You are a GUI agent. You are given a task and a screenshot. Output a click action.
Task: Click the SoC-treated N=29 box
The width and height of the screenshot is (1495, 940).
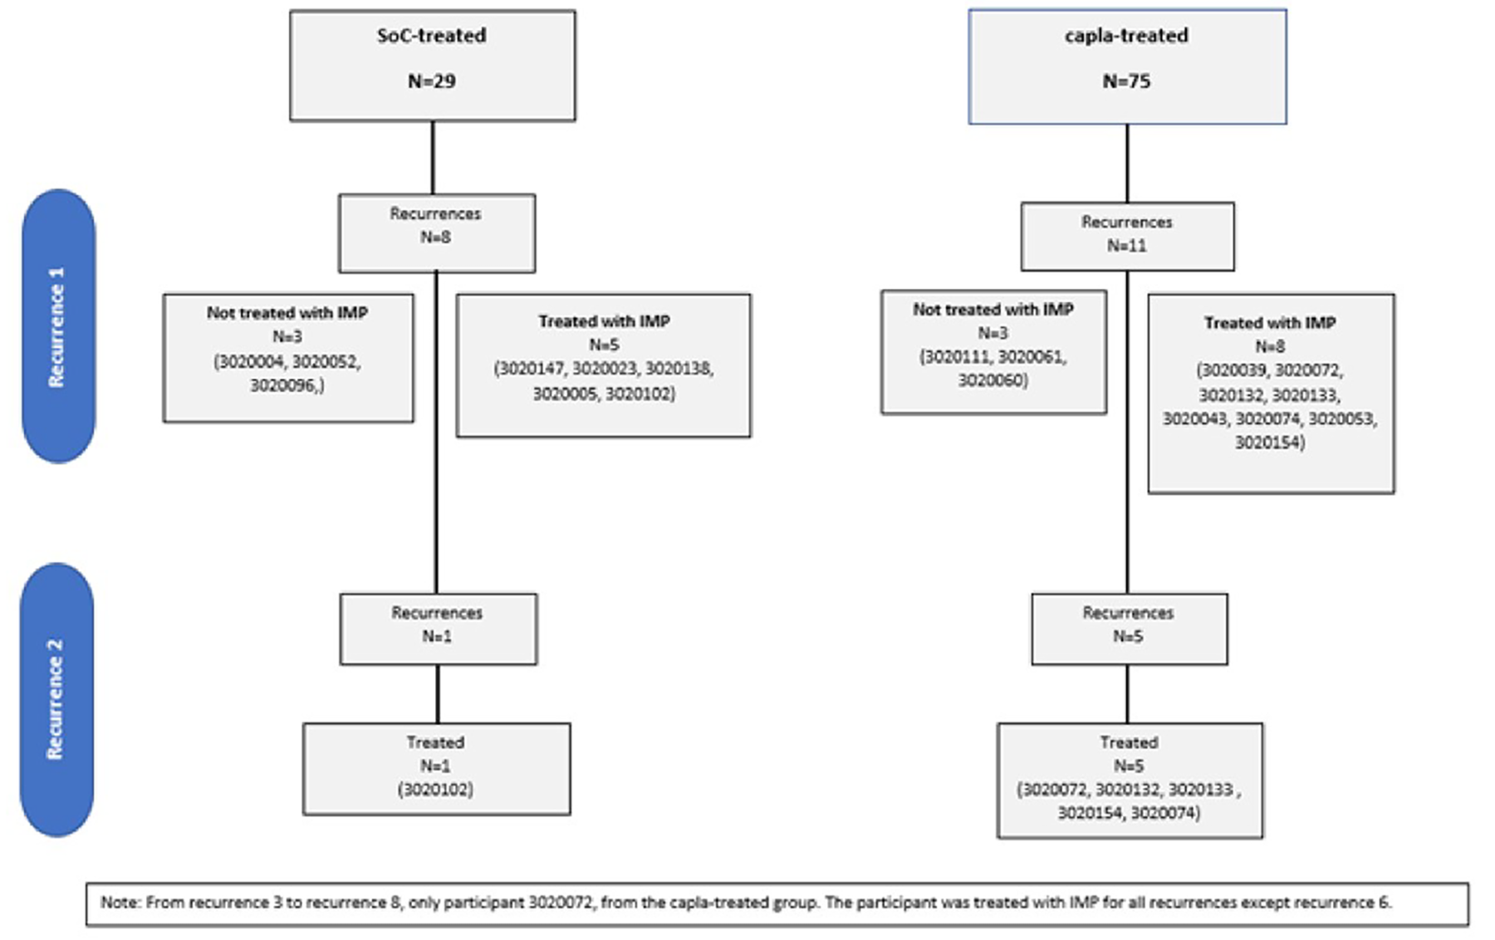(432, 66)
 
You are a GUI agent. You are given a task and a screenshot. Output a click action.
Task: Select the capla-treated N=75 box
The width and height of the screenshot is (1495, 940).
(1127, 67)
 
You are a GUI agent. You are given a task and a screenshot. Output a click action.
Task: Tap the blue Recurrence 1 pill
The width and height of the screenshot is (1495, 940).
(58, 326)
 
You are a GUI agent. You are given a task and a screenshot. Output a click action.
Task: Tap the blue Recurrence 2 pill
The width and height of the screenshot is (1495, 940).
(56, 699)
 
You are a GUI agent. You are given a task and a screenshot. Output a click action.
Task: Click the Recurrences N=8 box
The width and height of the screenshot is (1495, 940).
(436, 233)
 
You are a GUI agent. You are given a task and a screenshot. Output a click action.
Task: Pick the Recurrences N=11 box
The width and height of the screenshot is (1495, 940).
(1127, 237)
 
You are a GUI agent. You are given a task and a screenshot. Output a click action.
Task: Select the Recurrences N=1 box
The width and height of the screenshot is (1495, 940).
(438, 629)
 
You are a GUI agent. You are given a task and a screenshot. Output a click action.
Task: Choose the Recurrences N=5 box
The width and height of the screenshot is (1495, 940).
(1129, 629)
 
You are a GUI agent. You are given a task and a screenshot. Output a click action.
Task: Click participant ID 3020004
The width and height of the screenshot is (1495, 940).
(249, 361)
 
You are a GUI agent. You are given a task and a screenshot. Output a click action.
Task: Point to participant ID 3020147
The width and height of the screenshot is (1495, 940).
(529, 368)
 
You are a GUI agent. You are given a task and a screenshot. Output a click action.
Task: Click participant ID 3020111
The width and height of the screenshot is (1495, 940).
(954, 356)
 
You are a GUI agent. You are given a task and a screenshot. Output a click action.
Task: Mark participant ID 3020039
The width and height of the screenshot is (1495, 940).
(1232, 370)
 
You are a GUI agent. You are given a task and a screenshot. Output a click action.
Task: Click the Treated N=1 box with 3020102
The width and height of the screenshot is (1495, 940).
(436, 768)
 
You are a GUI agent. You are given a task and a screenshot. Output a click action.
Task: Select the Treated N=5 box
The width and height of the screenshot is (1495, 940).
(1130, 780)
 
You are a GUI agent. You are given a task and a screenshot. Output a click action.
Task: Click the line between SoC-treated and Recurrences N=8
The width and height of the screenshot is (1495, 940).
(433, 158)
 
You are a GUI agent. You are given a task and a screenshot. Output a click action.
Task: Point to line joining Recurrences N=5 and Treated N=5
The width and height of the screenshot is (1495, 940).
(1127, 693)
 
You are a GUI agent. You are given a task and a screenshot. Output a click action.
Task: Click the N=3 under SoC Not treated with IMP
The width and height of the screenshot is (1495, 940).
(287, 336)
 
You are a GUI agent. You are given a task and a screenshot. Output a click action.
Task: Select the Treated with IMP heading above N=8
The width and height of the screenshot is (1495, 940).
(1270, 322)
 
